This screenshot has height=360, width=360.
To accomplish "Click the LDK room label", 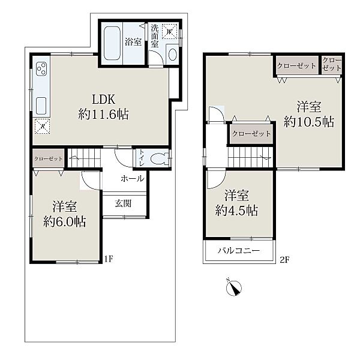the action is (103, 100).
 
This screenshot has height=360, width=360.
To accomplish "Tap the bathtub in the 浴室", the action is (112, 43).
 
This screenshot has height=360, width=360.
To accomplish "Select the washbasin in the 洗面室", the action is (172, 55).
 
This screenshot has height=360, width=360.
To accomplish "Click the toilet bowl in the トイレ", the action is (160, 158).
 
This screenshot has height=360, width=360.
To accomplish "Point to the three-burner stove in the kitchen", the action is (42, 68).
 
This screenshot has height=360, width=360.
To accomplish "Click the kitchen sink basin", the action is (41, 106).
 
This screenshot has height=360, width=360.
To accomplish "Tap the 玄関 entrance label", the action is (123, 203).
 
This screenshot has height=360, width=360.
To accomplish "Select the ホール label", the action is (133, 178).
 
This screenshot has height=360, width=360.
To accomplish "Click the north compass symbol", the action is (234, 287).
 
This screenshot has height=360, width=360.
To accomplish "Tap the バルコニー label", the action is (239, 250).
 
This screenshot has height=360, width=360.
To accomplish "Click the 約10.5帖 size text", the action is (309, 122).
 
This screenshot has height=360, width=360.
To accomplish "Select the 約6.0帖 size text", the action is (65, 221).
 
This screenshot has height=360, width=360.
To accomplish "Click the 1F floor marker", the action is (109, 259).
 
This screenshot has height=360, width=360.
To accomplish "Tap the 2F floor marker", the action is (284, 260).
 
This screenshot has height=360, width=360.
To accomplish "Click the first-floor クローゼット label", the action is (49, 158).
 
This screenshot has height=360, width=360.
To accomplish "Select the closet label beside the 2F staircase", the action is (251, 134).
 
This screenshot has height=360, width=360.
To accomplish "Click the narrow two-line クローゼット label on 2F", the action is (332, 64).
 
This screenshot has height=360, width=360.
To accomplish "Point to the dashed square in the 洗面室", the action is (170, 31).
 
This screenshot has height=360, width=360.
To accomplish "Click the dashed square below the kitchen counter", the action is (43, 126).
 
